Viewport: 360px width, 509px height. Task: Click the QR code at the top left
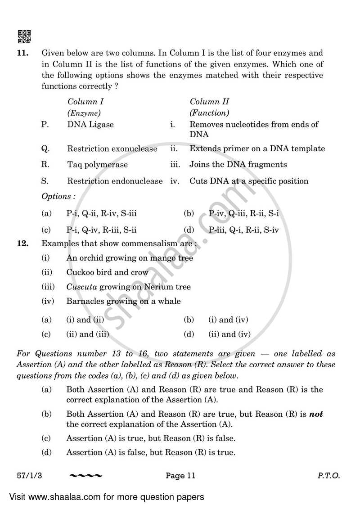(24, 36)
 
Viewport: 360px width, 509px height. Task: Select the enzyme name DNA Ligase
(90, 124)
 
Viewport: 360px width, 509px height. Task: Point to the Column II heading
(209, 102)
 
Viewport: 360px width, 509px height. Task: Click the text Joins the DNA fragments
(238, 165)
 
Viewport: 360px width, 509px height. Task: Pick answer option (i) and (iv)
(228, 320)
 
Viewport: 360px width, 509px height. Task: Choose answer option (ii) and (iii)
(88, 334)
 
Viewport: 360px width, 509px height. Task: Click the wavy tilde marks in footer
(86, 475)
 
